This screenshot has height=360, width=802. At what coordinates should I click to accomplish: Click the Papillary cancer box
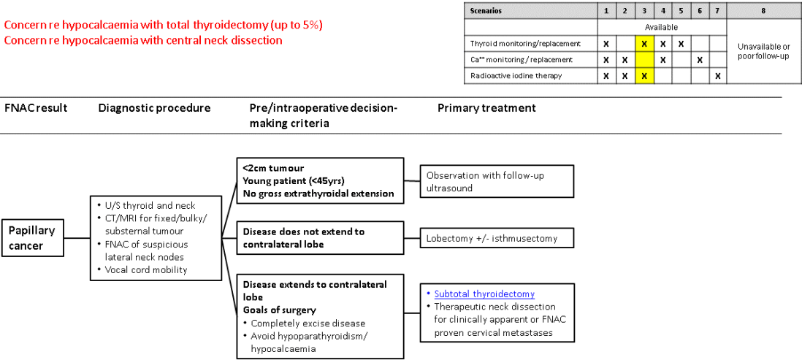pyautogui.click(x=33, y=238)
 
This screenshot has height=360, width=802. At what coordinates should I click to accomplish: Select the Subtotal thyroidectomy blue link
pyautogui.click(x=484, y=294)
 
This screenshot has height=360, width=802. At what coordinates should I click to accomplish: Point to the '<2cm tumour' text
pyautogui.click(x=274, y=168)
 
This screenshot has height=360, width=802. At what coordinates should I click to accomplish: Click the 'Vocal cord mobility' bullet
pyautogui.click(x=142, y=269)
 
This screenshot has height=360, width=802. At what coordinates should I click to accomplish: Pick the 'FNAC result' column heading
pyautogui.click(x=36, y=108)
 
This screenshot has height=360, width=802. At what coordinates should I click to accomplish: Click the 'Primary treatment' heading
pyautogui.click(x=486, y=108)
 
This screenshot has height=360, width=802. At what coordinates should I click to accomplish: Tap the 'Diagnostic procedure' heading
pyautogui.click(x=154, y=108)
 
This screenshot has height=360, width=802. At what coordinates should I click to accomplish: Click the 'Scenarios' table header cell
pyautogui.click(x=486, y=11)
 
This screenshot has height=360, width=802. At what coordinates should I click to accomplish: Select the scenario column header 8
pyautogui.click(x=764, y=11)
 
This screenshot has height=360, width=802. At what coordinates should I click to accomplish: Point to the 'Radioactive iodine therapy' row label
pyautogui.click(x=516, y=75)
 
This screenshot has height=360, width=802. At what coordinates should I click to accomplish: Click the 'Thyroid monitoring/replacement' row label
pyautogui.click(x=525, y=43)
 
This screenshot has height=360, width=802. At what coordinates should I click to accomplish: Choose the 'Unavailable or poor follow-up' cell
pyautogui.click(x=764, y=51)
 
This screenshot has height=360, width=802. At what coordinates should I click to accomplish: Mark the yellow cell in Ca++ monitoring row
pyautogui.click(x=643, y=59)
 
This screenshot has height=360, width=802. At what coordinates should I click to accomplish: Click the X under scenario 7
pyautogui.click(x=718, y=75)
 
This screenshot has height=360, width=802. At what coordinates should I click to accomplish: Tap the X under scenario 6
pyautogui.click(x=700, y=59)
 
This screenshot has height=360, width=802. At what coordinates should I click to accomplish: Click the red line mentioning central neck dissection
pyautogui.click(x=143, y=39)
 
